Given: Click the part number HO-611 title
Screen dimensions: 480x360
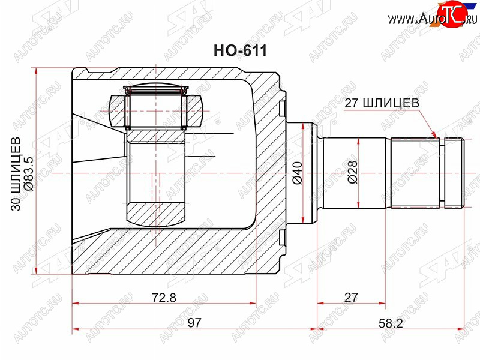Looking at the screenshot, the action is (x=240, y=50).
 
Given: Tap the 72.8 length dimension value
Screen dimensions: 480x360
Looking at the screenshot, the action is (x=164, y=298).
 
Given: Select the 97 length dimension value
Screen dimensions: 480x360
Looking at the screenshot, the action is (x=194, y=323).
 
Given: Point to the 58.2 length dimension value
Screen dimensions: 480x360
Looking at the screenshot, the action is (x=391, y=323).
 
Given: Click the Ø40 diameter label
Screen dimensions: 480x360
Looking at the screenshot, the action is (x=297, y=173).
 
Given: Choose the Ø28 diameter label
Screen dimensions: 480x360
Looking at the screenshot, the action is (x=352, y=172).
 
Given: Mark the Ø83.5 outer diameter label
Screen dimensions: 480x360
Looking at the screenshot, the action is (x=30, y=174).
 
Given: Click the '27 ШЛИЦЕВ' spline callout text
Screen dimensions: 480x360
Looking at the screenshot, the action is (x=382, y=103).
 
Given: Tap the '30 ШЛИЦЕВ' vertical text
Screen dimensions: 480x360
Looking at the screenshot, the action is (x=16, y=174).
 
